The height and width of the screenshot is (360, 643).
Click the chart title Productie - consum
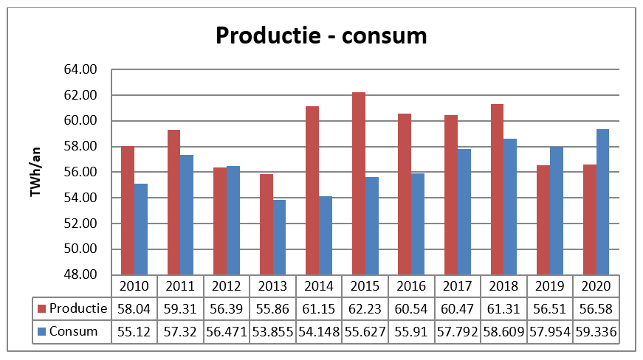tap(321, 35)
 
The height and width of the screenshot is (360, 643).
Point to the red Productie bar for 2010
tap(128, 210)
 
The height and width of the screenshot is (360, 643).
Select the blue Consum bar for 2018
tap(510, 207)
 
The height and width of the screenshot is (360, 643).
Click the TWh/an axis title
tap(35, 173)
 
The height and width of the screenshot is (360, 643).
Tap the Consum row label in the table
tap(74, 331)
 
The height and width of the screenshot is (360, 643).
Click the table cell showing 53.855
tap(272, 331)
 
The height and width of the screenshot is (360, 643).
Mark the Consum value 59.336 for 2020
tap(596, 331)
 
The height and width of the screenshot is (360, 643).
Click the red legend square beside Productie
tap(42, 308)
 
